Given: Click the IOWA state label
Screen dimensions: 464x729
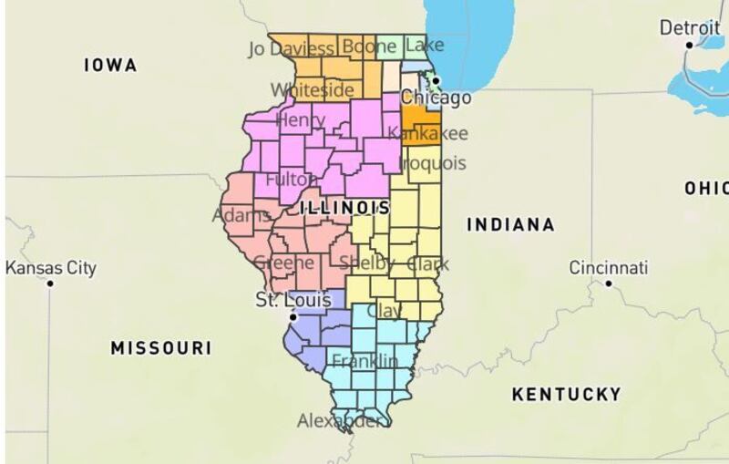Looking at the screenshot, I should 109,65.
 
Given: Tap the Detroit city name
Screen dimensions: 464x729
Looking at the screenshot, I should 690,28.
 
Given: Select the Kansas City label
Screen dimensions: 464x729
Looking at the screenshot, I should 51,268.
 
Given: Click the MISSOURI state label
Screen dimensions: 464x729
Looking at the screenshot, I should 160,347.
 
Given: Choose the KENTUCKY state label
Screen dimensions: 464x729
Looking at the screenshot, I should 566,394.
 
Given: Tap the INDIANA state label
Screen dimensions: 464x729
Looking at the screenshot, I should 510,224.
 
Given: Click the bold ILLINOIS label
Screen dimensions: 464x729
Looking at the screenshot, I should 344,208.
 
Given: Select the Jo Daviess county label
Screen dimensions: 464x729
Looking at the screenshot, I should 291,47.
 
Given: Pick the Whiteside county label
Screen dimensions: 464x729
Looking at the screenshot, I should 313,89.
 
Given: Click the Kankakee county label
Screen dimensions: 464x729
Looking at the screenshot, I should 427,134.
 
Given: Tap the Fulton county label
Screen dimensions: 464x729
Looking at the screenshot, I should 289,180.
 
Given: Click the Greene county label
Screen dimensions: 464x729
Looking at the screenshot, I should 283,263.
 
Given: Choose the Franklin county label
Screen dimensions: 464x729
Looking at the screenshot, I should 364,360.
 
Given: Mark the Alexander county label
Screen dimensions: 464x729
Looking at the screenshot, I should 344,420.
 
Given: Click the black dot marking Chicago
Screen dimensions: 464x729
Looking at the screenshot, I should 436,81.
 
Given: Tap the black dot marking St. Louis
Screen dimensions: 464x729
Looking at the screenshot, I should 292,316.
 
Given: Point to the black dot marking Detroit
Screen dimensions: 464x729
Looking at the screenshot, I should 690,45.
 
